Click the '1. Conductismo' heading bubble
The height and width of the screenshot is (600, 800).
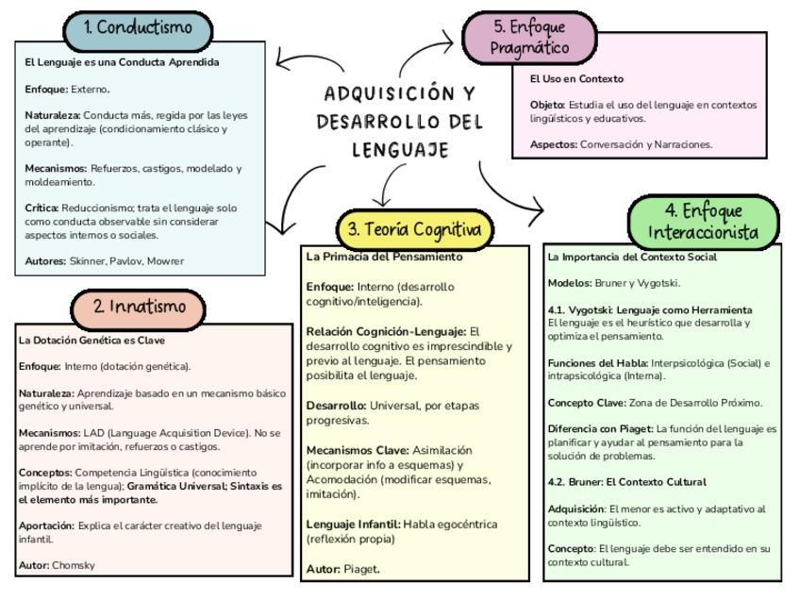[138, 28]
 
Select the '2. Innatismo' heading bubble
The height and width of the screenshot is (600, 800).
[138, 307]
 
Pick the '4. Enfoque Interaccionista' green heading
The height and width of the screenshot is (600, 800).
[704, 222]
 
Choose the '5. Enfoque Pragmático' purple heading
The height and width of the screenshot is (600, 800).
[530, 37]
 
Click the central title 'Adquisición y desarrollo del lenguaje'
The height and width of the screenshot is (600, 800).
[400, 121]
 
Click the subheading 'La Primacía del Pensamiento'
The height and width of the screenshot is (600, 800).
[384, 257]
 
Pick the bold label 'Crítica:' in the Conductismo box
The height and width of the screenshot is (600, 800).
[42, 208]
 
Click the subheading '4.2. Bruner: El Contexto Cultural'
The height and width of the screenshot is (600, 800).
[626, 482]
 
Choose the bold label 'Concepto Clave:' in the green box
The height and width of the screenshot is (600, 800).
[586, 403]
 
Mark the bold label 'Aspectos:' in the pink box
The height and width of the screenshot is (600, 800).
[553, 144]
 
